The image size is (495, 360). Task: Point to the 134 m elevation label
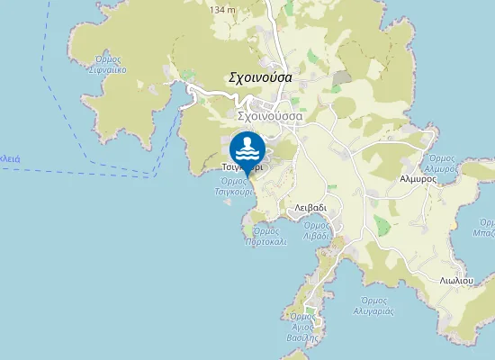click(222, 9)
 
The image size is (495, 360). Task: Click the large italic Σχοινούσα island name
click(260, 77)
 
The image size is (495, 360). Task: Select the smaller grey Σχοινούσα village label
click(270, 116)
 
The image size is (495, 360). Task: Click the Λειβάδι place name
click(310, 206)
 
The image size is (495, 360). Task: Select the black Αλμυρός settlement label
click(418, 178)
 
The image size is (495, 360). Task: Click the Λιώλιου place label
click(457, 280)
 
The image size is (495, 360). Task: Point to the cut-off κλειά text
click(10, 157)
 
